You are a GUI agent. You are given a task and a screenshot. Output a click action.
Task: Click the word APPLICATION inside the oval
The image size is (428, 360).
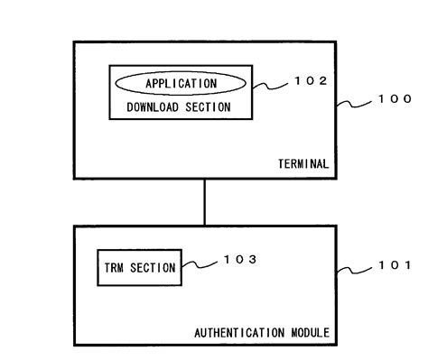(181, 83)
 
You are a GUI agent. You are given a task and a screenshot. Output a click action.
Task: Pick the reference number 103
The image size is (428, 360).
(239, 260)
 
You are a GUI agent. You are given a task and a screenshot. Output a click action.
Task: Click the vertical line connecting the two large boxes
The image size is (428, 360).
(204, 201)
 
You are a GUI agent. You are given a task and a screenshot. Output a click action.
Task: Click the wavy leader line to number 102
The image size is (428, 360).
(271, 85)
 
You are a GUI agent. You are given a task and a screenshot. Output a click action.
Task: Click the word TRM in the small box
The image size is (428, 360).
(113, 267)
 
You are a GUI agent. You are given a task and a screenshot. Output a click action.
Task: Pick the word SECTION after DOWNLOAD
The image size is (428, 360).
(207, 107)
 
